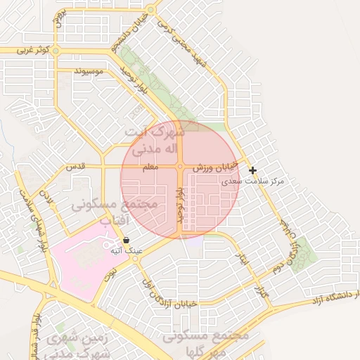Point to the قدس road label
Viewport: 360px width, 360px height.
tap(75, 167)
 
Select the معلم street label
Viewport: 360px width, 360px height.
tap(150, 167)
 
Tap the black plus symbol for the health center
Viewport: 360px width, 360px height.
tap(253, 170)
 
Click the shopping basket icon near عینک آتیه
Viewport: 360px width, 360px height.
tap(126, 240)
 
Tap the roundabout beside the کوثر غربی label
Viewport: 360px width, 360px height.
tap(57, 51)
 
